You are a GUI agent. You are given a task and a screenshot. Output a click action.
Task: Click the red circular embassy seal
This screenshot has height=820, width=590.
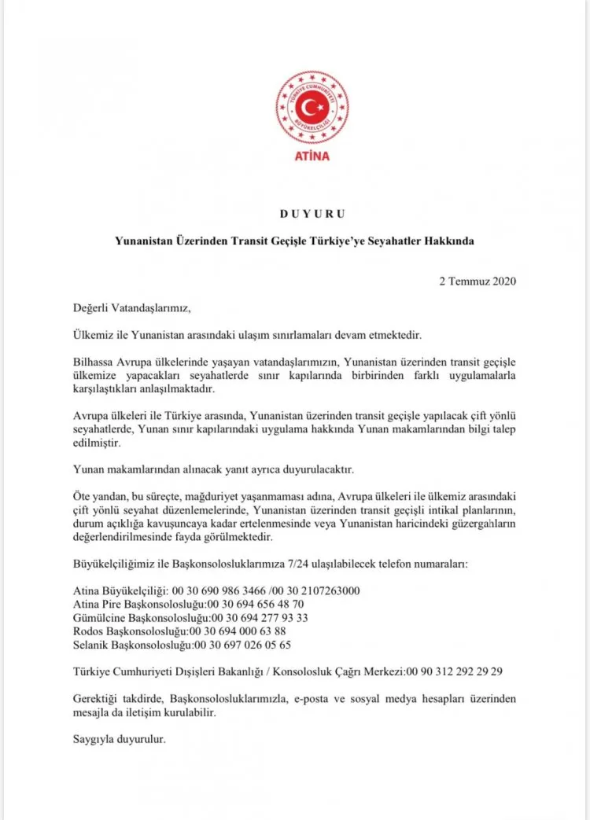click(312, 107)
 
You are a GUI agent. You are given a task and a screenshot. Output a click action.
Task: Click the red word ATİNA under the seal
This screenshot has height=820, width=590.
click(312, 156)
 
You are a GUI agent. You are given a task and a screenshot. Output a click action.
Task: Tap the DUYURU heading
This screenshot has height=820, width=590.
click(312, 213)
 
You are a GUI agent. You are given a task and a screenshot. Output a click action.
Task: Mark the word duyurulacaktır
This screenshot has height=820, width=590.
click(307, 471)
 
